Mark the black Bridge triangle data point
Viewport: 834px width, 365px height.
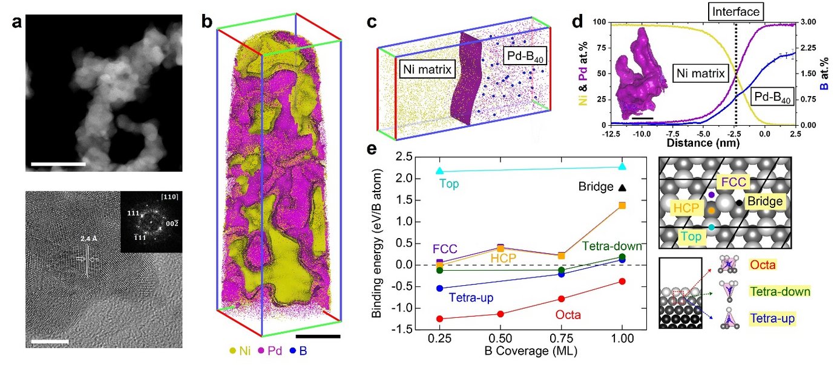622,187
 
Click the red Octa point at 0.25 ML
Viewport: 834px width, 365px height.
439,318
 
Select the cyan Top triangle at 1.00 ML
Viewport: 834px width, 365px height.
622,167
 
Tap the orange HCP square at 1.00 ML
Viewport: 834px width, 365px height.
622,205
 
